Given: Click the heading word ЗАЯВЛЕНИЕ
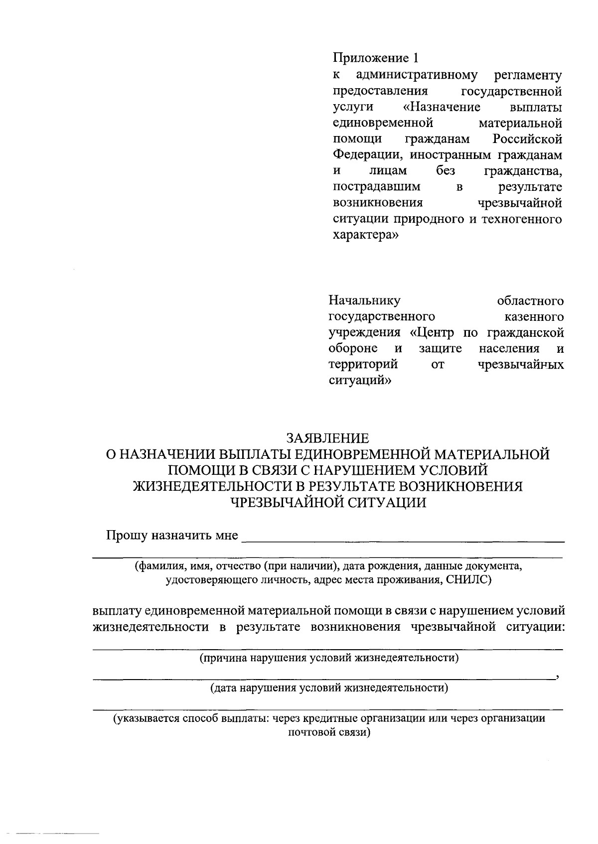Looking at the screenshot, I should [x=327, y=438].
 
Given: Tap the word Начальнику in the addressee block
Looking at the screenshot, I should [x=364, y=301].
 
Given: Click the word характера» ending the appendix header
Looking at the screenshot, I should [x=365, y=235].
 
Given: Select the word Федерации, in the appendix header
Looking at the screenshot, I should [x=368, y=155].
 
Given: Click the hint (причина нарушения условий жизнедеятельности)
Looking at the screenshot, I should [x=329, y=658].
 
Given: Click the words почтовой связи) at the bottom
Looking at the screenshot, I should [x=329, y=733].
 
